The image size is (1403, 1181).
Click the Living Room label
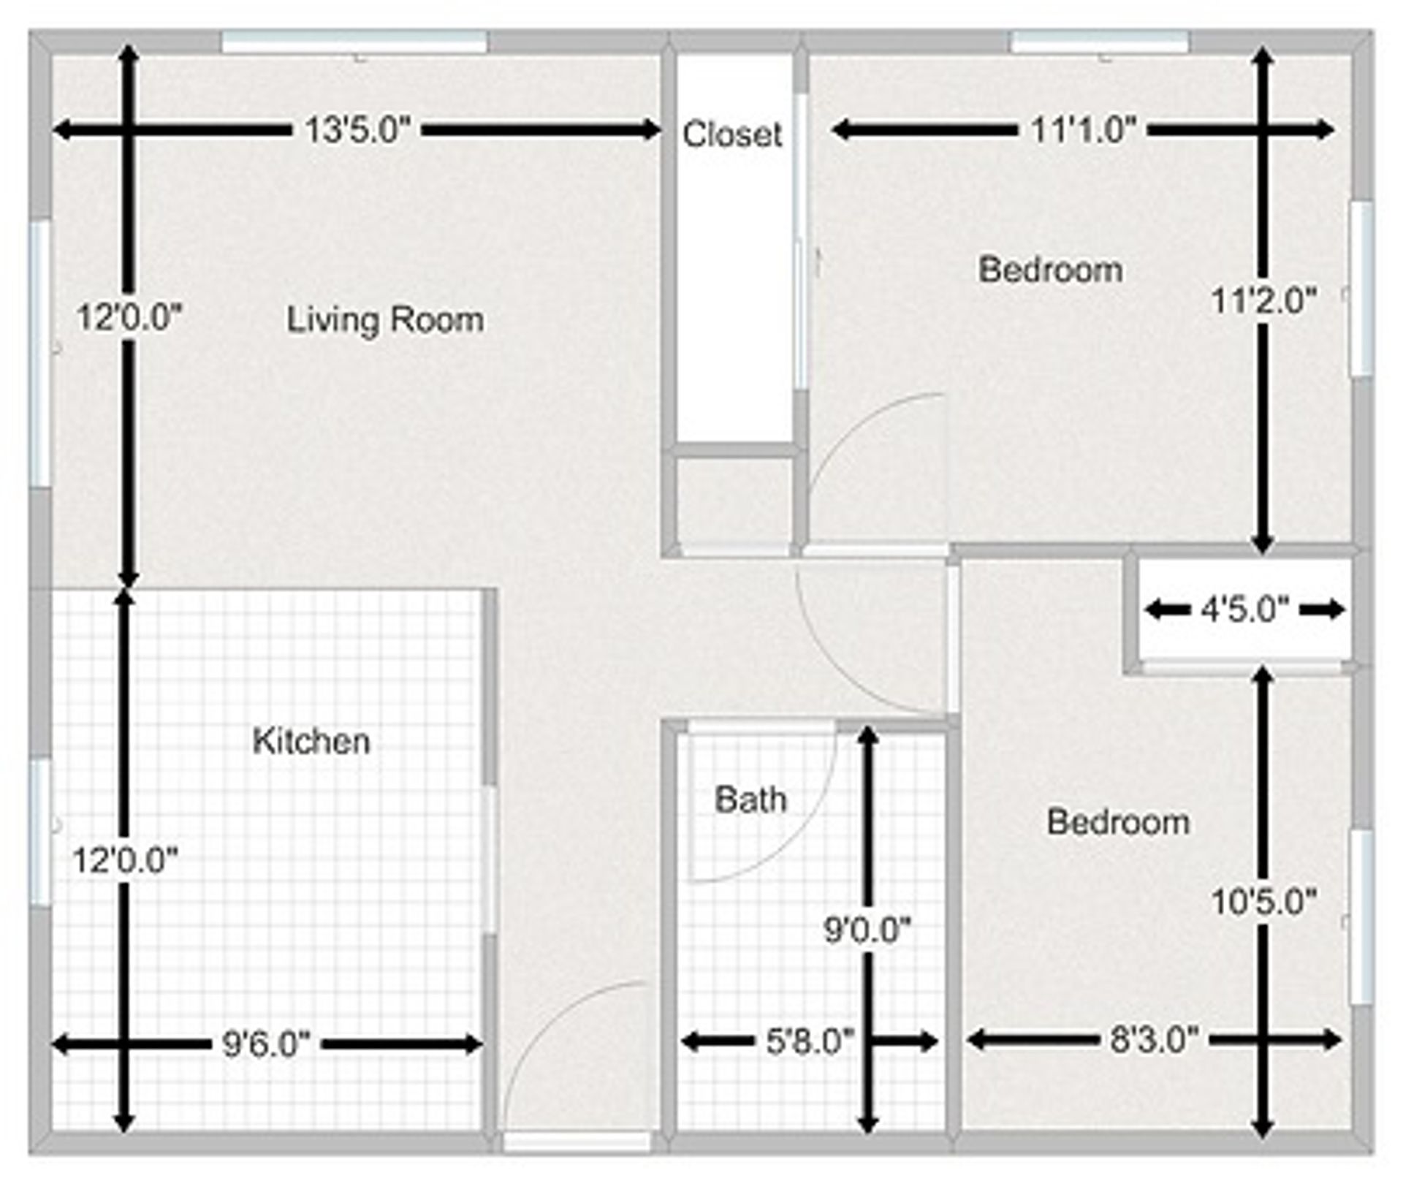(384, 320)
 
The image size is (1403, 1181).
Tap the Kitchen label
(311, 741)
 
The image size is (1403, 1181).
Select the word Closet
(732, 134)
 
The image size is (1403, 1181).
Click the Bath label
(750, 800)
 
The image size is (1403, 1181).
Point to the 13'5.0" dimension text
(358, 131)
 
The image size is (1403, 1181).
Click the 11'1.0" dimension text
(1084, 131)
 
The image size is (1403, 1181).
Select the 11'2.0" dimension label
(1263, 300)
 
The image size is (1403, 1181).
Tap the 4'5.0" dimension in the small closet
(1244, 609)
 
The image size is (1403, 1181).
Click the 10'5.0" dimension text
(1263, 902)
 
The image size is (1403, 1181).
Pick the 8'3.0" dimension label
(1155, 1039)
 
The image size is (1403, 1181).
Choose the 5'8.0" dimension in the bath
(809, 1041)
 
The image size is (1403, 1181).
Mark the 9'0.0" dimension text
(867, 930)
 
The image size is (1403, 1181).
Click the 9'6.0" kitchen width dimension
(266, 1044)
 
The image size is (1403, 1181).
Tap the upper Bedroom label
(1051, 270)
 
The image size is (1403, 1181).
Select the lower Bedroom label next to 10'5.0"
(1118, 822)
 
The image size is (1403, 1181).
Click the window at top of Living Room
(354, 42)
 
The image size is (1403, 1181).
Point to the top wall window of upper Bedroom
(1100, 42)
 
